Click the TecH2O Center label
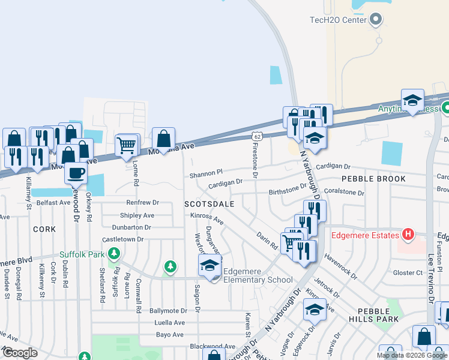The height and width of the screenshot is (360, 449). point(337,20)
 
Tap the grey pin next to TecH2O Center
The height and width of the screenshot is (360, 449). point(376,20)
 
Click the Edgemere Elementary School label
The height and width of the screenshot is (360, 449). point(258,275)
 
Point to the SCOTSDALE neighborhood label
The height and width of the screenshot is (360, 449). point(209,204)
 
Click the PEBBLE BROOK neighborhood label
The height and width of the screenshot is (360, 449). point(373,179)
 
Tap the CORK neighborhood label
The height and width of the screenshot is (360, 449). point(44,229)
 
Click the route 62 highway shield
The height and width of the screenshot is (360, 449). point(256,137)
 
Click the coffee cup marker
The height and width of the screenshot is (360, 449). point(76,173)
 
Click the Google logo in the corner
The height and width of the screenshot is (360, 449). point(20,353)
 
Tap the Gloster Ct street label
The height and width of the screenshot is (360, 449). point(408,272)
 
